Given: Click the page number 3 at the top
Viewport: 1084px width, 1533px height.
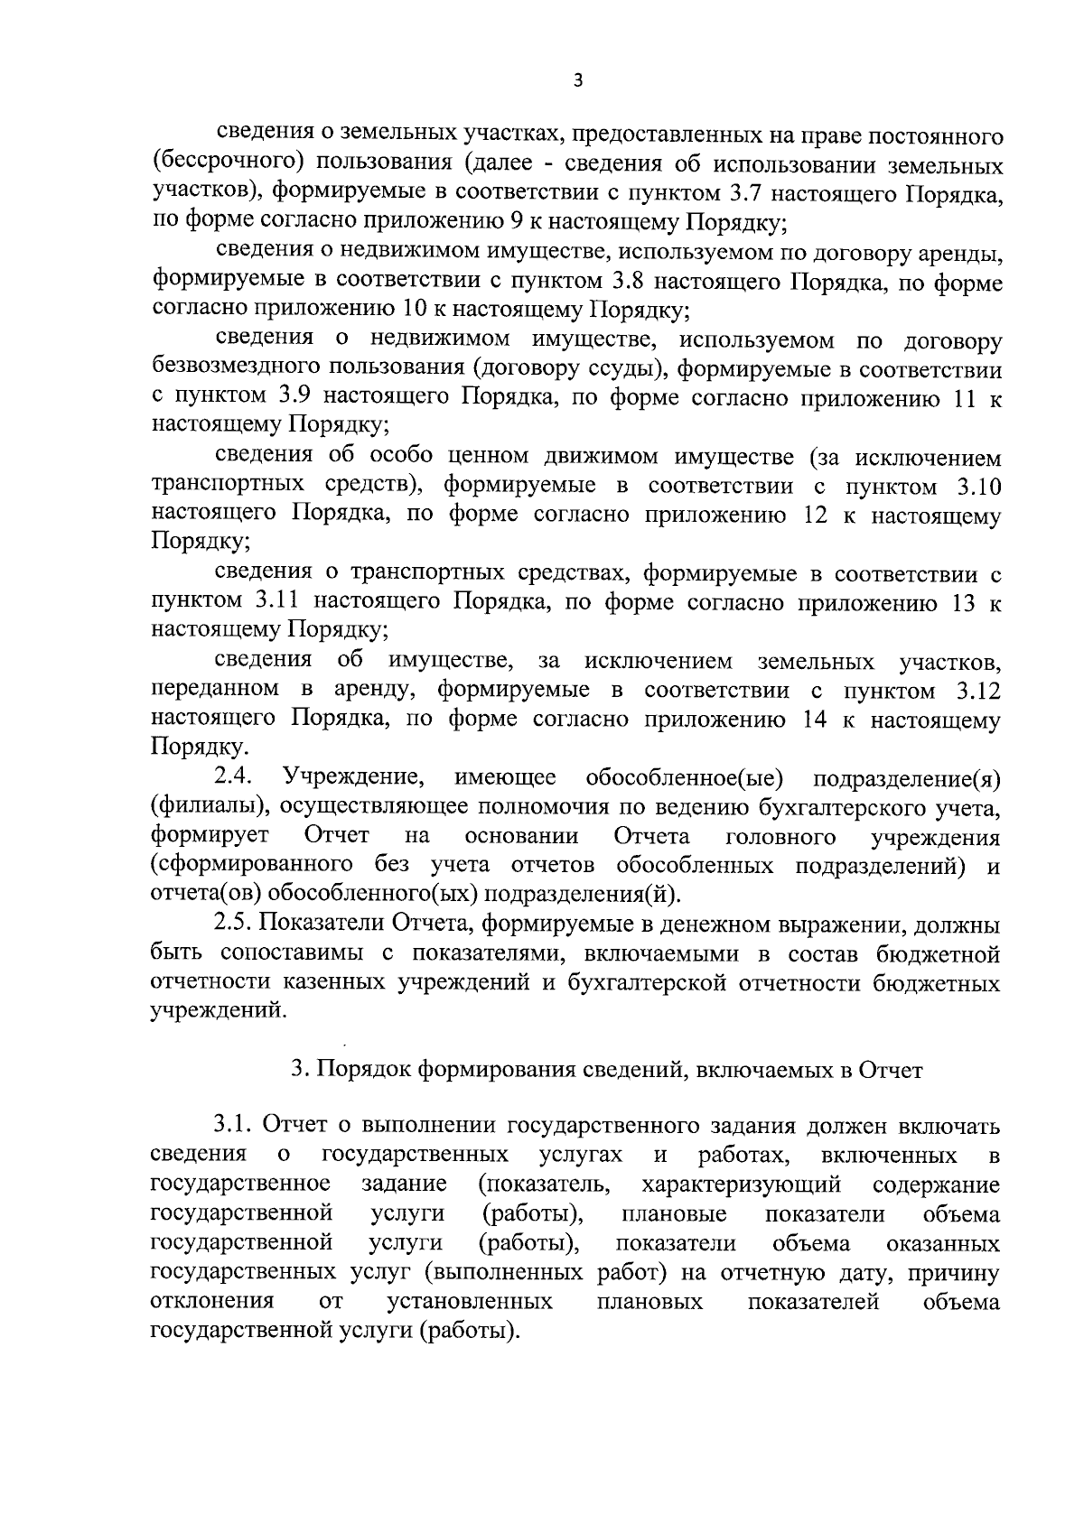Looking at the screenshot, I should [x=578, y=81].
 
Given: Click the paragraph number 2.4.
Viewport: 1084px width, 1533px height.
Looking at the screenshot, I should [x=234, y=777].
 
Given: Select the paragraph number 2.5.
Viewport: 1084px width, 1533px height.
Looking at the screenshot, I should [x=231, y=924].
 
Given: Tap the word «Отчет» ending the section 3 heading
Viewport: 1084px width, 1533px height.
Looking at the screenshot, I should [x=891, y=1071].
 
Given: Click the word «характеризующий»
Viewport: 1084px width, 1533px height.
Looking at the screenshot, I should [x=741, y=1184].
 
